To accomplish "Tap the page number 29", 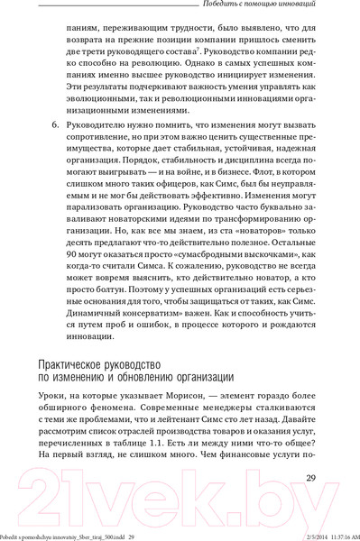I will coord(311,477).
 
